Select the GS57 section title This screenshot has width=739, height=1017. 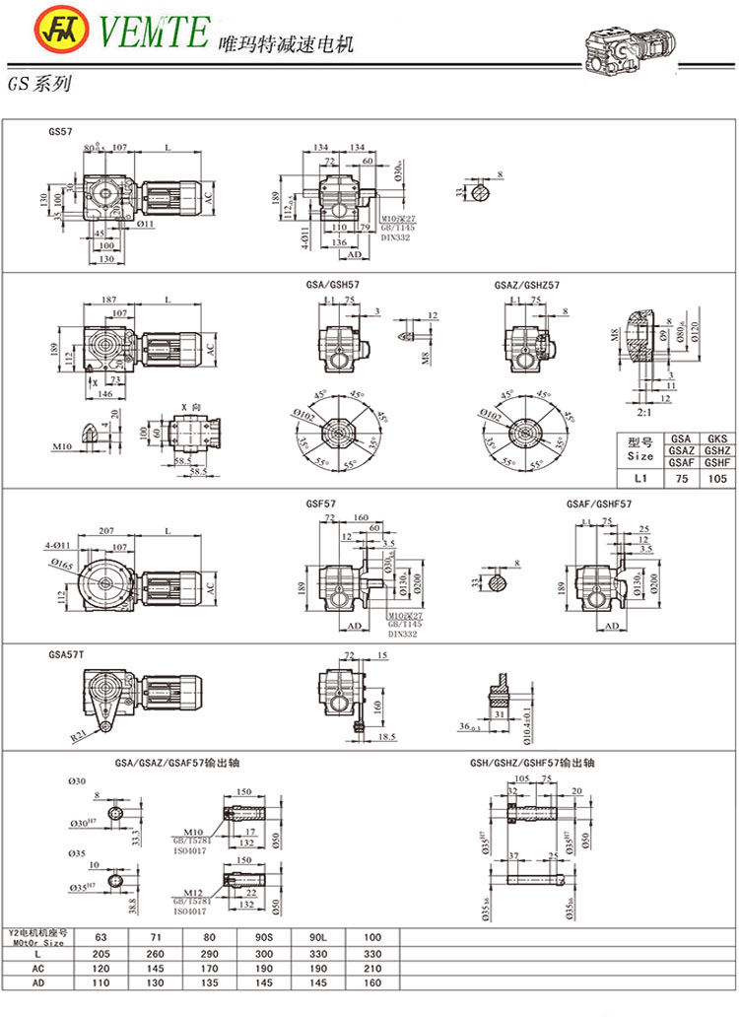pyautogui.click(x=60, y=130)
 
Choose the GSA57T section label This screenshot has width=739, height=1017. pyautogui.click(x=64, y=653)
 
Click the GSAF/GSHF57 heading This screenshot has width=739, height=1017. pyautogui.click(x=599, y=504)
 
